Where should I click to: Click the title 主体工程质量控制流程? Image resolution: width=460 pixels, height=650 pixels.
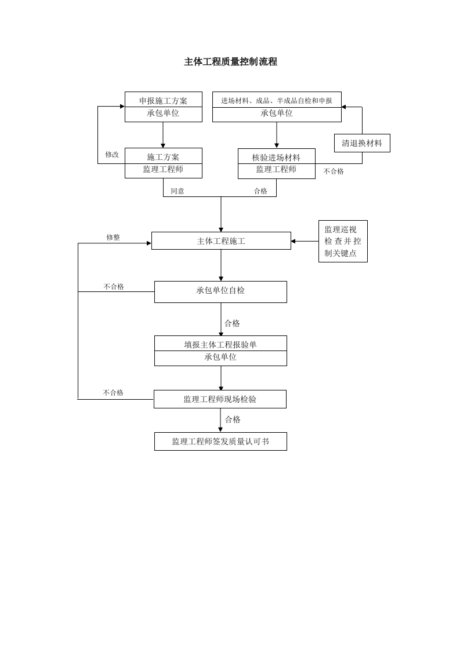(230, 62)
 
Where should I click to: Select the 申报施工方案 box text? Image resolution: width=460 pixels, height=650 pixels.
(163, 101)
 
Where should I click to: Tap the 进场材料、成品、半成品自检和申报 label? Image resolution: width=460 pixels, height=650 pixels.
(276, 101)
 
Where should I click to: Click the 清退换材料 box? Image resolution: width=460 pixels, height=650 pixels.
(362, 143)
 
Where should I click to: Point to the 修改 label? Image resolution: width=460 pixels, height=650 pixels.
(112, 155)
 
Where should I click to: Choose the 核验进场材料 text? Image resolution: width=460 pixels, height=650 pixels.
(276, 157)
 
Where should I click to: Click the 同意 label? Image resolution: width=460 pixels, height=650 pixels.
(178, 191)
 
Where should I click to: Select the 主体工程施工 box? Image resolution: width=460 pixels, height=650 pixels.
(221, 241)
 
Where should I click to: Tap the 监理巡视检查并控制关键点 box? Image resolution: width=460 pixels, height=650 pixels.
(343, 241)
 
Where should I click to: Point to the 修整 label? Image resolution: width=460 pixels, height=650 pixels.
(113, 237)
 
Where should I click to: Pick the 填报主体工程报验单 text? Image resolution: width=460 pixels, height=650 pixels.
(220, 344)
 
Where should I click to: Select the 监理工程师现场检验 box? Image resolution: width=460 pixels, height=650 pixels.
(220, 399)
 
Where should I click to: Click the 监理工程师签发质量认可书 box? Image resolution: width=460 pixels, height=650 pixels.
(220, 441)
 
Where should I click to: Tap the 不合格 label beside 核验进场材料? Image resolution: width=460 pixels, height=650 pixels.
(334, 171)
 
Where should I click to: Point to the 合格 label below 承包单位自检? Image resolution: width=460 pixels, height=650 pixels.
(232, 323)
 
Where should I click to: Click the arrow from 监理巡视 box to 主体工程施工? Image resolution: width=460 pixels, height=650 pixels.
(305, 241)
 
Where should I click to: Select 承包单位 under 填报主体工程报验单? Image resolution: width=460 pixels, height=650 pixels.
(220, 357)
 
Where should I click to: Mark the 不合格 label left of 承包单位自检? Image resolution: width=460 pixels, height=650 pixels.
(114, 286)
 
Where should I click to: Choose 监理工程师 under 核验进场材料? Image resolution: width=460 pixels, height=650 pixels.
(276, 169)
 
